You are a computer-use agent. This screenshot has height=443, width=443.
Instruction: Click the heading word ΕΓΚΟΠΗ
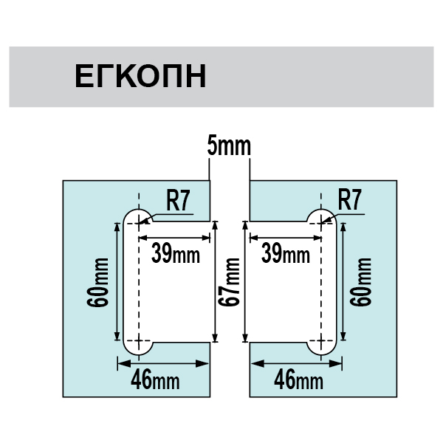(x=140, y=77)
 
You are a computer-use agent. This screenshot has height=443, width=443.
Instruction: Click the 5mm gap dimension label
(x=229, y=146)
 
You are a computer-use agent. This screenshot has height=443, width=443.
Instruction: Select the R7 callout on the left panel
(x=177, y=200)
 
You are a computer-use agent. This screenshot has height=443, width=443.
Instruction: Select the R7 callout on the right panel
(x=348, y=200)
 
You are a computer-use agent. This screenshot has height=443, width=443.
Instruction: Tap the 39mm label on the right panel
(x=286, y=255)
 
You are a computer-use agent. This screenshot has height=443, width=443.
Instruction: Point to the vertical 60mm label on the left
(x=102, y=284)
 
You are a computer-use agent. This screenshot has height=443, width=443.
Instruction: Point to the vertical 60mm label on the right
(x=360, y=284)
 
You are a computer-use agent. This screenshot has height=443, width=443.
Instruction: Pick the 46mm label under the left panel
(x=154, y=380)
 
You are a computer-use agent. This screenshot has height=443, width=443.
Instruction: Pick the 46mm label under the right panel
(x=298, y=380)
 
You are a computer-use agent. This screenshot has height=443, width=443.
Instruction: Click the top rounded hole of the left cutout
(x=137, y=216)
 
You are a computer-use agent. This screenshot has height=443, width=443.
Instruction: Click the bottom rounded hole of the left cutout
(x=138, y=344)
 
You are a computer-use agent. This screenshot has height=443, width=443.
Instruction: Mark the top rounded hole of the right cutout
(x=322, y=216)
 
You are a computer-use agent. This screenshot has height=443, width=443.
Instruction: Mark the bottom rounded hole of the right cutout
(x=322, y=344)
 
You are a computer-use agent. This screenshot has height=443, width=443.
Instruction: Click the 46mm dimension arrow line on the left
(x=162, y=363)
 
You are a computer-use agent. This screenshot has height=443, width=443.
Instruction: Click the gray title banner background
(x=332, y=77)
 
